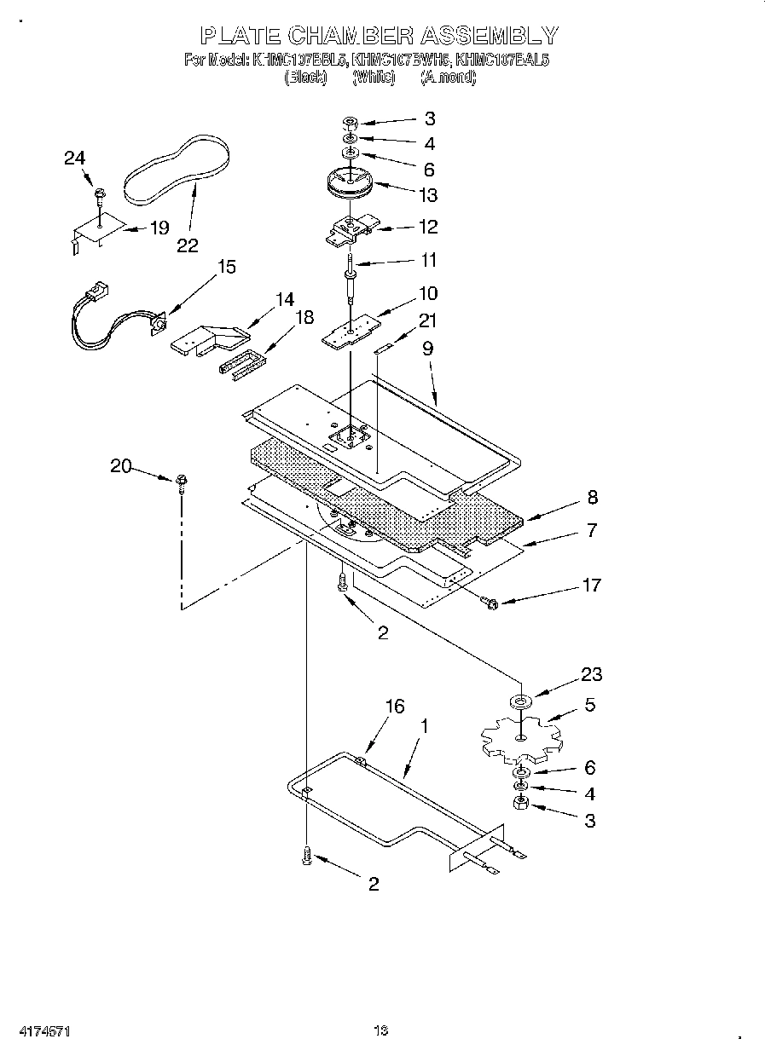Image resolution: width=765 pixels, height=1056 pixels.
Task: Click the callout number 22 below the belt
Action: coord(188,245)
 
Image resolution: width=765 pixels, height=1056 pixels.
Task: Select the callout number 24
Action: coord(75,158)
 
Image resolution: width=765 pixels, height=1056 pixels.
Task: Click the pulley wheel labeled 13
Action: coord(351,183)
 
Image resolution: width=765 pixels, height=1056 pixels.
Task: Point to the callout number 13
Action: coord(427,195)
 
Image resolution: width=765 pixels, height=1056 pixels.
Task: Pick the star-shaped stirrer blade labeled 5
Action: coord(519,738)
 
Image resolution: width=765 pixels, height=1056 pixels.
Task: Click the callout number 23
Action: coord(590,674)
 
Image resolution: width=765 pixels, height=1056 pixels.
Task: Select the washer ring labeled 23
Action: coord(519,701)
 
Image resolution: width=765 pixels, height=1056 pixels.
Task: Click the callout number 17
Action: coord(590,585)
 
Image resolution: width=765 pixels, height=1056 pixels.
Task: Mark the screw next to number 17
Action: coord(492,603)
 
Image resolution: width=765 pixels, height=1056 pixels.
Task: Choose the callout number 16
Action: coord(394,707)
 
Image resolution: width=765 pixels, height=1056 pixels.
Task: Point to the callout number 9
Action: coord(427,348)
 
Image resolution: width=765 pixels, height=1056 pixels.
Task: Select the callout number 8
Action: coord(591,498)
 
